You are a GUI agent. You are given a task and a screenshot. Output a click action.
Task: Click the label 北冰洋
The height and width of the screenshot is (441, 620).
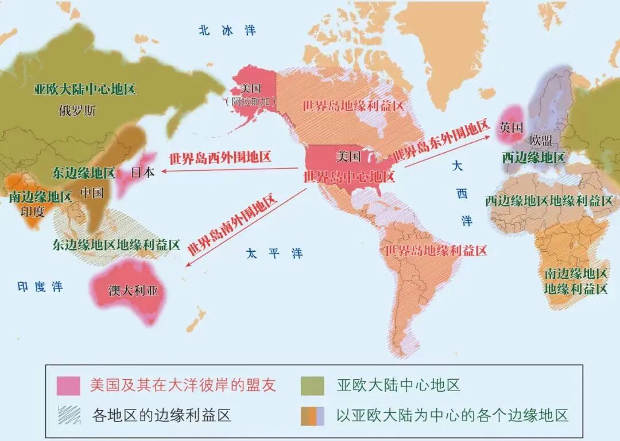tap(227, 31)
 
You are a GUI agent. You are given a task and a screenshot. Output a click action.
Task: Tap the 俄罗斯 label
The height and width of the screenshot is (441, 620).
tap(77, 111)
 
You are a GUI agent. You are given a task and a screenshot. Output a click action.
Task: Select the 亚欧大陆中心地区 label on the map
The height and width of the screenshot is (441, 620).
tap(84, 89)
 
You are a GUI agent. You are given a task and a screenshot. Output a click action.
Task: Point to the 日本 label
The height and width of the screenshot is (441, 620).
tap(143, 171)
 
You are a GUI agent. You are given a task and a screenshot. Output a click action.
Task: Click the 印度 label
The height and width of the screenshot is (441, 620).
tap(32, 211)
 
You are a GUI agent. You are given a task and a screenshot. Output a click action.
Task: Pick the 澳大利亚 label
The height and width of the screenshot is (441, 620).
tap(130, 290)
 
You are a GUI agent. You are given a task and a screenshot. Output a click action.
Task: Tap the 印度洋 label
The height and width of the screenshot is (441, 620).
tap(40, 287)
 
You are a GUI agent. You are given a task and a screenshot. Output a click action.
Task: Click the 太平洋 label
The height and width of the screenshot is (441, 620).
tap(274, 253)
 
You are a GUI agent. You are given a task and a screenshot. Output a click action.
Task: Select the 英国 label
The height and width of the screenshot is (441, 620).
tap(511, 127)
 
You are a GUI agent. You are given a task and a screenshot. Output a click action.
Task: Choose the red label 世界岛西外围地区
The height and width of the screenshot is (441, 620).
tap(220, 157)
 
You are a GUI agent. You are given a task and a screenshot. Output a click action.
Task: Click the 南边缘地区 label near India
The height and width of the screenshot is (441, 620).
tap(40, 197)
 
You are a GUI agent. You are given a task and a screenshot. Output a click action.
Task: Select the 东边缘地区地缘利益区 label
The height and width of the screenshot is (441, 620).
tap(116, 244)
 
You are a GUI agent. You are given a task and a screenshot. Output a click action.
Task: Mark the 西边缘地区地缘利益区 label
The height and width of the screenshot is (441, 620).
tap(549, 201)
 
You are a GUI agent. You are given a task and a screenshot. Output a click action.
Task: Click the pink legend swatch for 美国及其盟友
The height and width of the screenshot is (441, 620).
tap(68, 385)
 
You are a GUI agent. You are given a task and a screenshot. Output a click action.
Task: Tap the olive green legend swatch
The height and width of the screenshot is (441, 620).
tap(313, 385)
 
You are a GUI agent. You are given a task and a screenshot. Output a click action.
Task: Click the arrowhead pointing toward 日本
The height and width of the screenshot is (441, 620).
tap(163, 170)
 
